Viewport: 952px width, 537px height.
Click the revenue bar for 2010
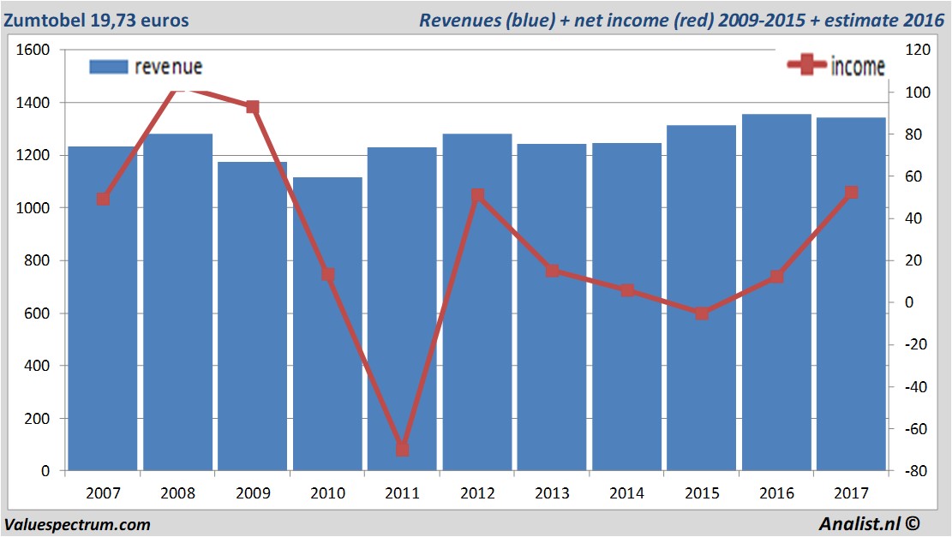[327, 325]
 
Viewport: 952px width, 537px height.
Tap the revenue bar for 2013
[552, 308]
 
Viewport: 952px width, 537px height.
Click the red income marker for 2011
[402, 449]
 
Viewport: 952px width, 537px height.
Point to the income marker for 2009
[252, 107]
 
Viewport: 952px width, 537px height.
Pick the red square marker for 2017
[851, 193]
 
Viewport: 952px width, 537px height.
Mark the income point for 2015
[702, 313]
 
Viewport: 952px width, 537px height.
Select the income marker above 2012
[477, 196]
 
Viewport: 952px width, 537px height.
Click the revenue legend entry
[146, 67]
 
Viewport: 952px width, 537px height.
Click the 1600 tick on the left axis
[35, 51]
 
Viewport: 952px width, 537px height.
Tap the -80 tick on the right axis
[910, 471]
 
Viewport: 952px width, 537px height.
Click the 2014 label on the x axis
[626, 493]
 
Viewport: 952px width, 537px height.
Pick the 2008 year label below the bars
[177, 493]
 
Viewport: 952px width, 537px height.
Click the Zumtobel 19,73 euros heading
[96, 20]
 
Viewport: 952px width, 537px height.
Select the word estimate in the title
[858, 20]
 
